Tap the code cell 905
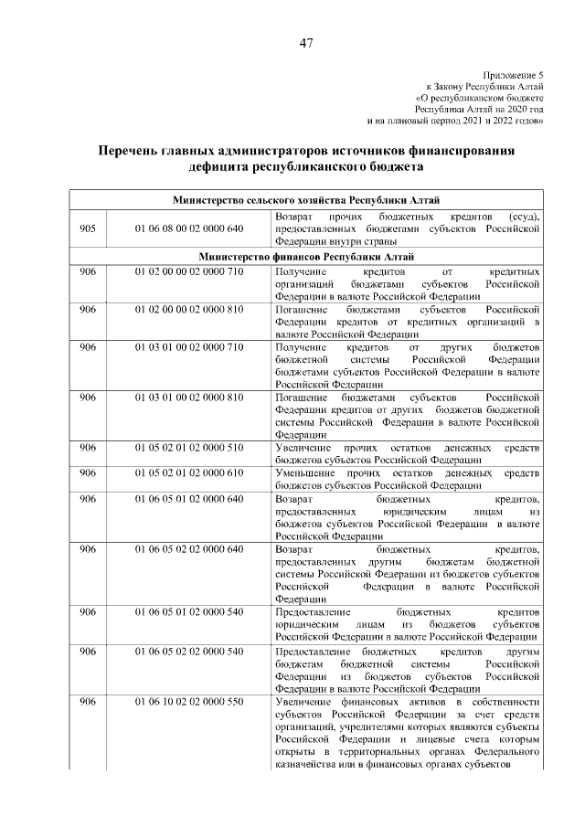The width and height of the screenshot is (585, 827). coord(88,228)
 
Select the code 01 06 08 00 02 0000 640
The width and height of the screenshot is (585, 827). coord(189,228)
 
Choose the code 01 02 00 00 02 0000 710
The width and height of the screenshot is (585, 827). coord(189,271)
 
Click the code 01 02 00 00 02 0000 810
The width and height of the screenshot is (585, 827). coord(189,310)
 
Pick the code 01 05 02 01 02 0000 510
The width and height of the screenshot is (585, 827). coord(189,448)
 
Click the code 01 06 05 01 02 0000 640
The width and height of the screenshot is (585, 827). coord(189,499)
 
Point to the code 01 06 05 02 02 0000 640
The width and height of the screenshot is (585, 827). coord(189,548)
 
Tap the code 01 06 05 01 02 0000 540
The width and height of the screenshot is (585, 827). coord(189,610)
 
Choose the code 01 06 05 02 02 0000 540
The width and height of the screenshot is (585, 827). coord(189,651)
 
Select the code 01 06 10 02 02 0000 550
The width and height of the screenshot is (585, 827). coord(189,701)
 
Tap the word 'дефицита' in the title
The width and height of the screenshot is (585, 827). coord(225,167)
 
